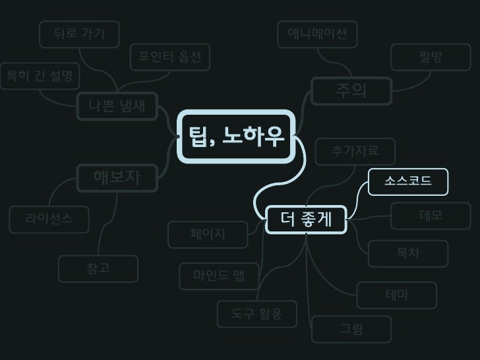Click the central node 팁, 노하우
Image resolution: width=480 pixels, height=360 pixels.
coord(236,137)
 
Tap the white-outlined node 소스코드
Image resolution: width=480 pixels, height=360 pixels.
coord(408,181)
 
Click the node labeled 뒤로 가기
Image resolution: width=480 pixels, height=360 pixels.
coord(79,34)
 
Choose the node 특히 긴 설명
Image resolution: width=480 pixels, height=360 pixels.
coord(39,76)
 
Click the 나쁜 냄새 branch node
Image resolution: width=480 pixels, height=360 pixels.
coord(117,105)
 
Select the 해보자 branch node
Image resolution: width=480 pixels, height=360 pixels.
coord(117,177)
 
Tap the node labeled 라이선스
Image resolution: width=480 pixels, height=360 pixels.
coord(49,219)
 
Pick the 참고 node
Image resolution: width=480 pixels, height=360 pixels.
coord(98,268)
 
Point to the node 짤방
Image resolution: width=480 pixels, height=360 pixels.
coord(431,57)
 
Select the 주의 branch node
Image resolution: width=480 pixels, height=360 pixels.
coord(351,91)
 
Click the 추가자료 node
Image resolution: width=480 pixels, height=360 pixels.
coord(355,152)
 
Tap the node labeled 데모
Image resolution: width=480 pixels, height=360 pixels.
coord(431,216)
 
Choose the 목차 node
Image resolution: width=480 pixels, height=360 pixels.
coord(408,254)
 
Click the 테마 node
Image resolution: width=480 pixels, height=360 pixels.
coord(396,295)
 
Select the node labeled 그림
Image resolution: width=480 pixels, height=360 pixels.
coord(351,329)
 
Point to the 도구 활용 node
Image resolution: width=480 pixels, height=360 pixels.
coord(257,315)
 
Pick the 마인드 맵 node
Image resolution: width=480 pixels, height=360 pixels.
coord(219,276)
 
